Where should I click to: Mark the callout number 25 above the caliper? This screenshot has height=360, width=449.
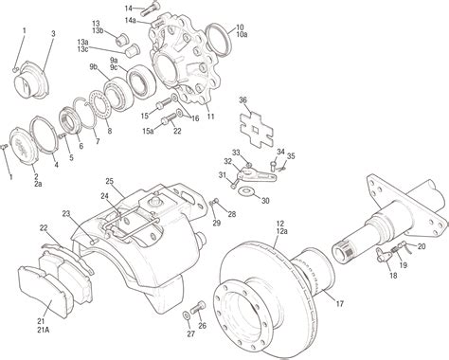click(x=109, y=180)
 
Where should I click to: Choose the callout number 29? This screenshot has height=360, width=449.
click(x=217, y=223)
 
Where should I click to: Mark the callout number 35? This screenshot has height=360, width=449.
click(x=291, y=156)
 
